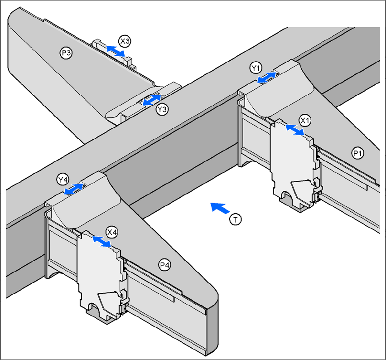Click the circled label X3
(x=125, y=41)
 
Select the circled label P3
(x=66, y=53)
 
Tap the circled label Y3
(x=162, y=109)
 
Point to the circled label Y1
(x=256, y=68)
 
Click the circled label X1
(x=304, y=121)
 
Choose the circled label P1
(x=357, y=154)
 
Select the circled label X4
(x=111, y=232)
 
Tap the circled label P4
(x=165, y=265)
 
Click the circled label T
(x=235, y=219)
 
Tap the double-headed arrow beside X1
(x=294, y=131)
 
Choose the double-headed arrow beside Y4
(x=74, y=189)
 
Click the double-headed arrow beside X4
(x=101, y=242)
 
